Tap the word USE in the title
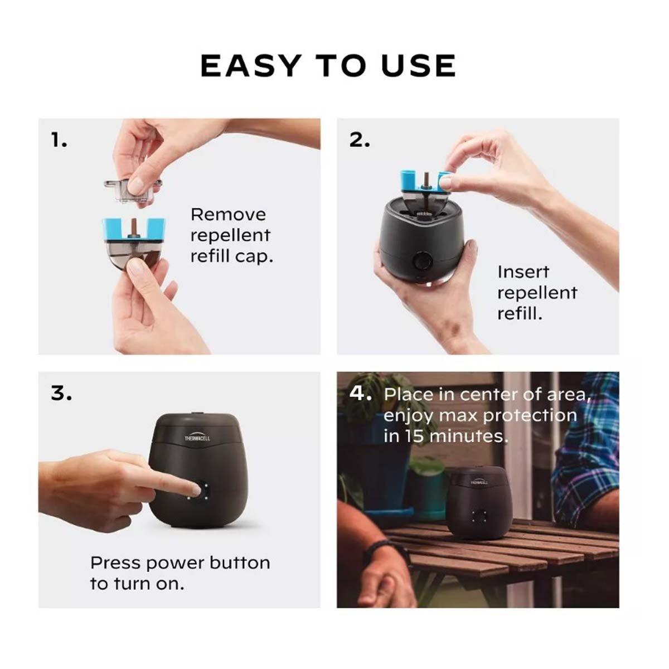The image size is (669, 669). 419,66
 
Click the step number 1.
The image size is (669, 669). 59,140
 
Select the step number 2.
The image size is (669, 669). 360,140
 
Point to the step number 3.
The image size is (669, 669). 61,393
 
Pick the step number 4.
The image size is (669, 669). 361,393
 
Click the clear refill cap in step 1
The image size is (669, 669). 133,191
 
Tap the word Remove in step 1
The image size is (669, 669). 228,215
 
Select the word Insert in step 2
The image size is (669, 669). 523,272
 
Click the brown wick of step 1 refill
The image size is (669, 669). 133,227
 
